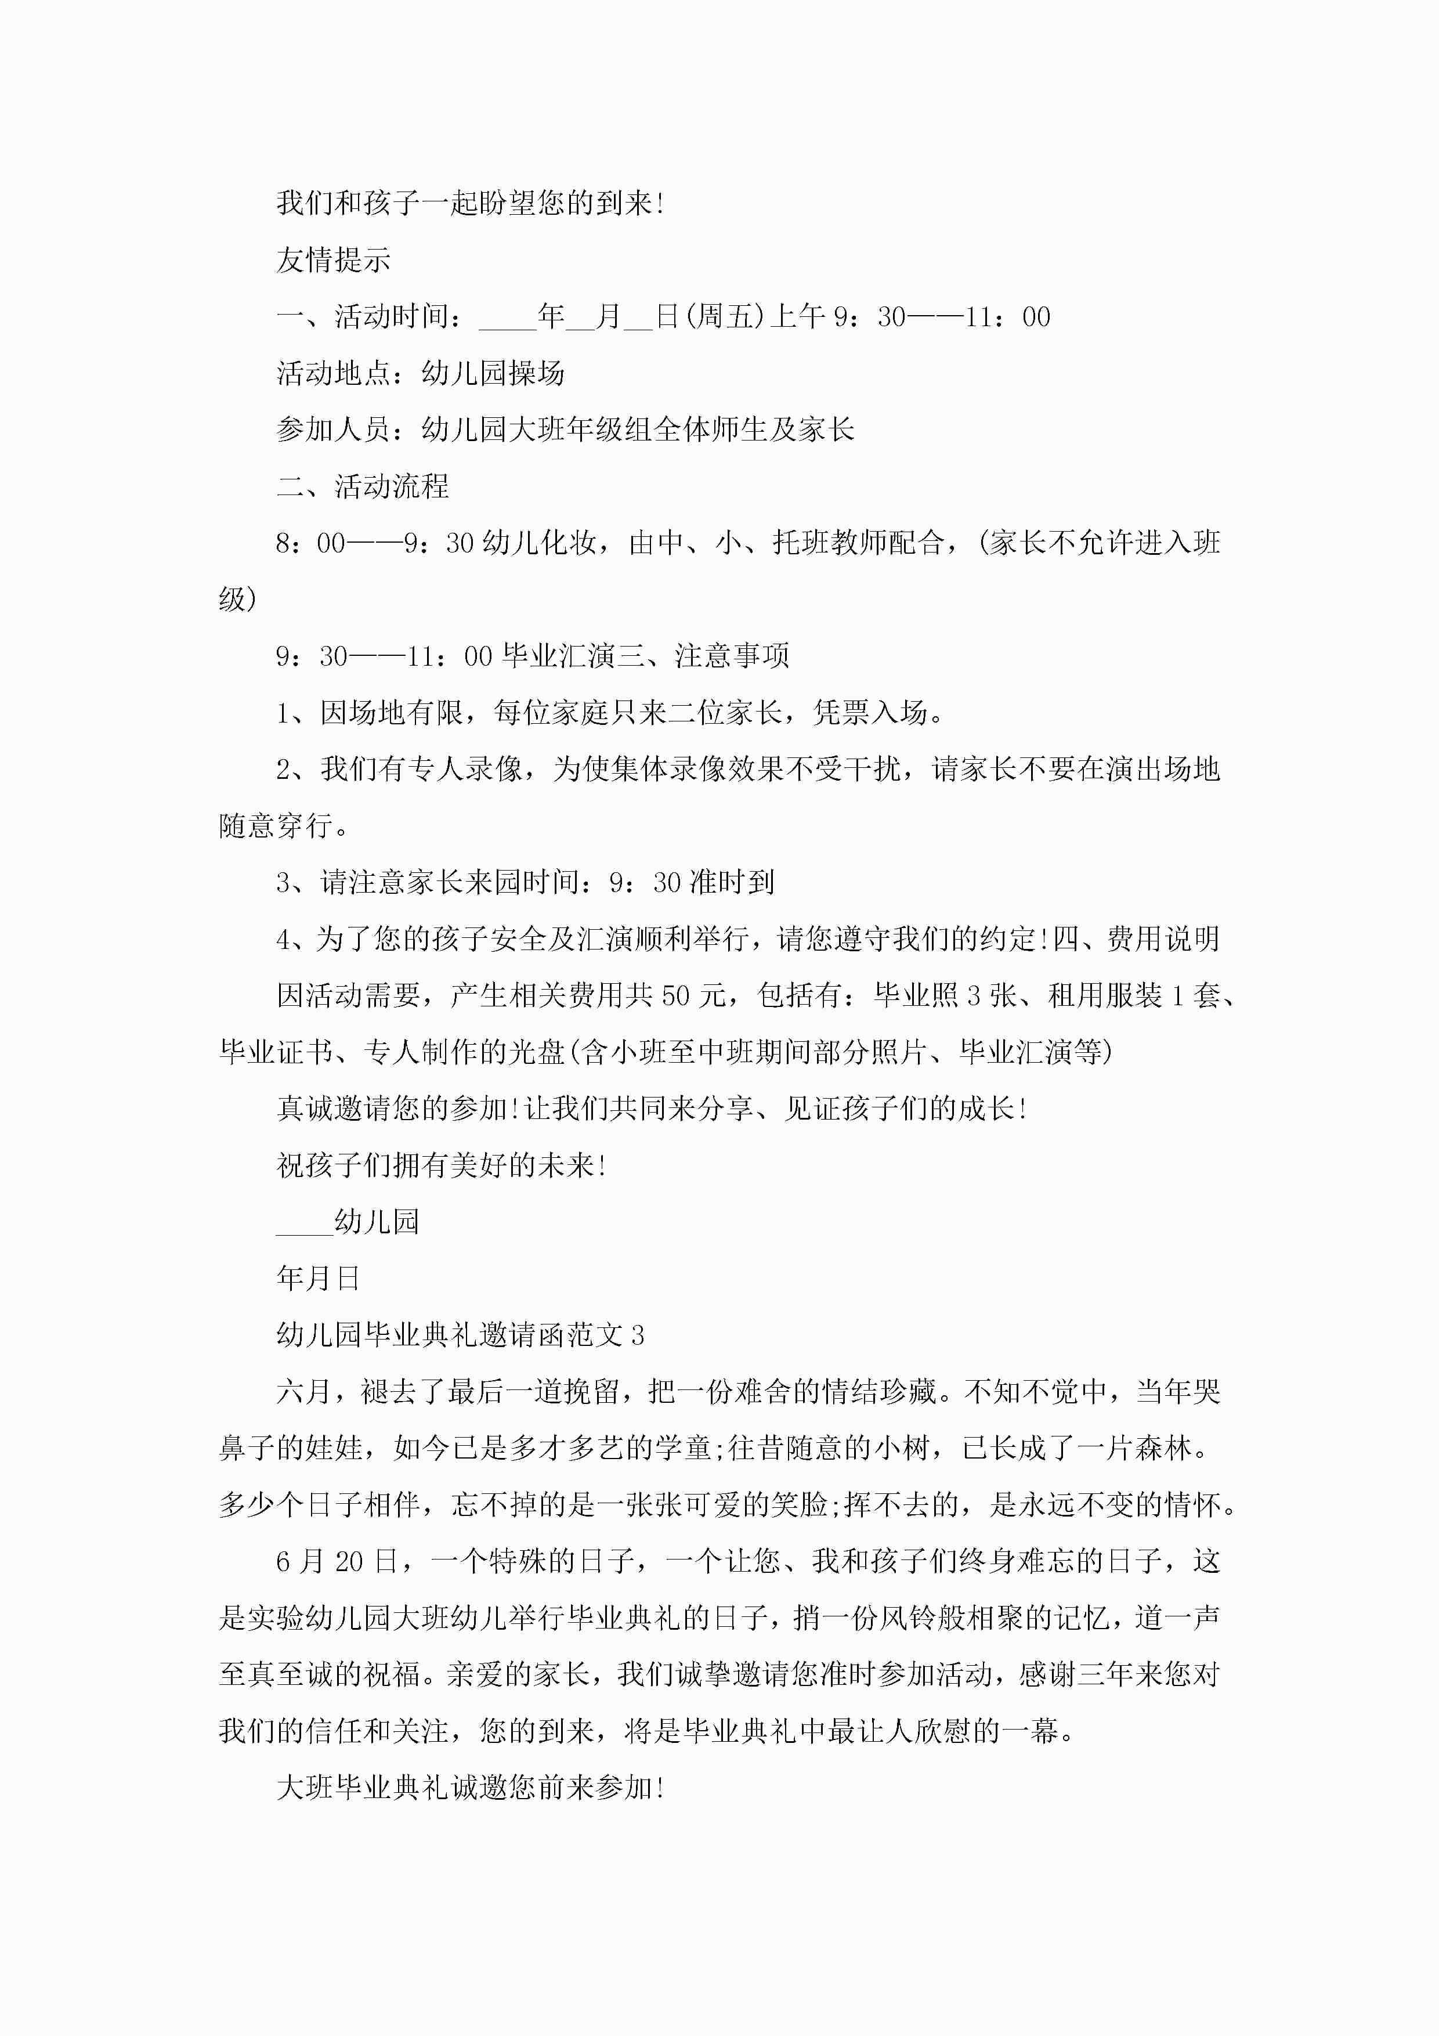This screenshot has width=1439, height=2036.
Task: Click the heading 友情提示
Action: coord(334,260)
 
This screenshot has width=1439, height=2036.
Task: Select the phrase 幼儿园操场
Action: coord(493,373)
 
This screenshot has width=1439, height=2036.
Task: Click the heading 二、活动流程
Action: coord(363,486)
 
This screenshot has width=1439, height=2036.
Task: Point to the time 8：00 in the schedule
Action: coord(310,543)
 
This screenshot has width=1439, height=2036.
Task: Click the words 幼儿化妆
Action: coord(539,543)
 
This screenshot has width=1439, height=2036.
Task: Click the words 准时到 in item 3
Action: coord(732,882)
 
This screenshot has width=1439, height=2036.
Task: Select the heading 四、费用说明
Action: coord(1137,939)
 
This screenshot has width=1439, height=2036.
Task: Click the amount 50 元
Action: coord(693,996)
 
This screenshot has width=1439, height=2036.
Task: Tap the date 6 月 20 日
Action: coord(337,1562)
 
